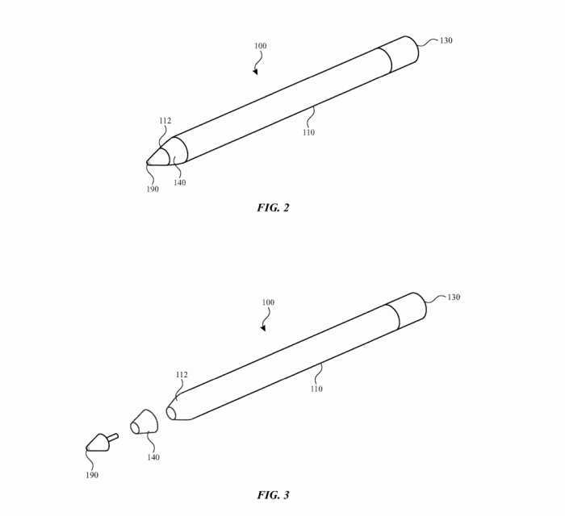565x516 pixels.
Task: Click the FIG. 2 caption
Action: pyautogui.click(x=273, y=207)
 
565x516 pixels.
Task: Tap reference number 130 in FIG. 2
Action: pyautogui.click(x=446, y=40)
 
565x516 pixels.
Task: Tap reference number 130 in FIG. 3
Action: pyautogui.click(x=454, y=298)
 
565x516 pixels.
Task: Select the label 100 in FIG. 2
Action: pyautogui.click(x=260, y=46)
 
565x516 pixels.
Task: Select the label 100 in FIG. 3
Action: pyautogui.click(x=268, y=302)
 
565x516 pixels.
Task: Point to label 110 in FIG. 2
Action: pyautogui.click(x=308, y=132)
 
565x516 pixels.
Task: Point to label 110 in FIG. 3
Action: pyautogui.click(x=316, y=389)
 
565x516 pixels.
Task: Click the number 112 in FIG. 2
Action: pyautogui.click(x=165, y=121)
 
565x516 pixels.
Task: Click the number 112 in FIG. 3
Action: pyautogui.click(x=182, y=375)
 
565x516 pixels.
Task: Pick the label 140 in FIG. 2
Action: pyautogui.click(x=179, y=182)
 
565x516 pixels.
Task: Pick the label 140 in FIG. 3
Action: pyautogui.click(x=153, y=457)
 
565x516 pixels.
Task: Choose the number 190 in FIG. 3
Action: pyautogui.click(x=92, y=475)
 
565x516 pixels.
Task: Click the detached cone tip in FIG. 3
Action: pyautogui.click(x=99, y=441)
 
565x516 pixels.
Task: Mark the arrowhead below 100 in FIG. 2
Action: pyautogui.click(x=255, y=71)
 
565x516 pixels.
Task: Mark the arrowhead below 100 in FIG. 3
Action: pyautogui.click(x=263, y=328)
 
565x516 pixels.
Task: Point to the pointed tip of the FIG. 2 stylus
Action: pyautogui.click(x=149, y=162)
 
